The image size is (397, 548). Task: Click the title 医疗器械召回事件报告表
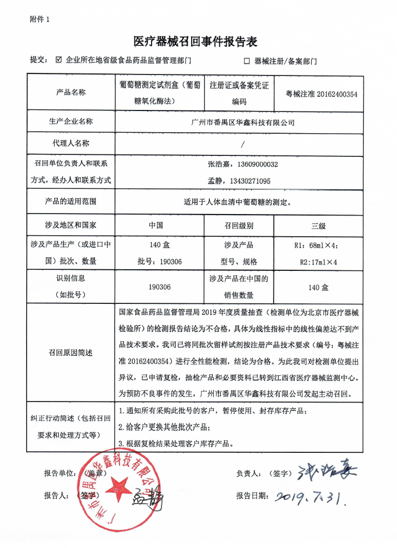coord(196,41)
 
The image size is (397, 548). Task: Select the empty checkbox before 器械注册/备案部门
coord(247,62)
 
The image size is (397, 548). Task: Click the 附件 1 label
coord(40,19)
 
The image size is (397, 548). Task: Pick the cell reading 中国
coord(156,226)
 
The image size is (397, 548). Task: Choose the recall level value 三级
coord(318,226)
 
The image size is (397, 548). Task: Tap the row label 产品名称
coord(71,92)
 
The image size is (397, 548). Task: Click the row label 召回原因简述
coord(71,352)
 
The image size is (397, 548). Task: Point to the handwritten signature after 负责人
coord(326,473)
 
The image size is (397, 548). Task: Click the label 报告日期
coord(252,496)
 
